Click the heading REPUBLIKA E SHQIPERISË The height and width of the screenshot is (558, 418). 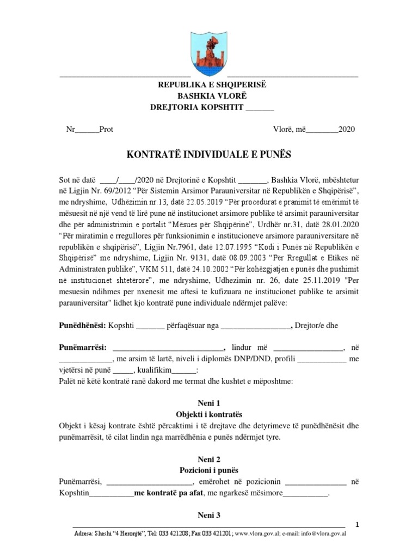[x=209, y=85]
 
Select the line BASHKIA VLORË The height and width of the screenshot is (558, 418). [x=209, y=96]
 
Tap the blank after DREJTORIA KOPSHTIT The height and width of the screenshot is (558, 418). [x=260, y=107]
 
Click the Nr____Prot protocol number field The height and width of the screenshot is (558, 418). [x=89, y=130]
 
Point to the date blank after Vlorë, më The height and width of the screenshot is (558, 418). [x=323, y=130]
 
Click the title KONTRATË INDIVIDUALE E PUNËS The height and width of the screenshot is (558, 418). [x=209, y=155]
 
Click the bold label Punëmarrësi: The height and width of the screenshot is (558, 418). [x=83, y=347]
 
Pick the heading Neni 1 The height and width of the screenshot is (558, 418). [x=209, y=404]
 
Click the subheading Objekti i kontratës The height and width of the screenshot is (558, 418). [x=209, y=414]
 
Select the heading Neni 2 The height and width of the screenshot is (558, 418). [x=209, y=459]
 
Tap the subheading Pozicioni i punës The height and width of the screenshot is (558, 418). [x=209, y=470]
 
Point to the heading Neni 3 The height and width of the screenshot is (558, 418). [x=209, y=515]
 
